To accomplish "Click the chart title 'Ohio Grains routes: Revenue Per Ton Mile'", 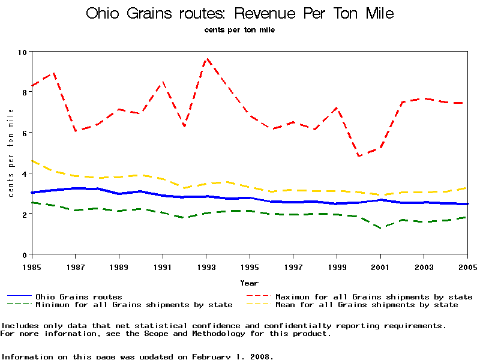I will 240,14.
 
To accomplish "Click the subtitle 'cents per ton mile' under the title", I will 240,30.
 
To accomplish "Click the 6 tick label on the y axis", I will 25,133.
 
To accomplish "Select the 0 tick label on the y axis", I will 25,255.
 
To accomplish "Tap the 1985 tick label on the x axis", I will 32,266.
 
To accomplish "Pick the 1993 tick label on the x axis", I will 206,266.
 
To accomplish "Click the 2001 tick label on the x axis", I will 380,266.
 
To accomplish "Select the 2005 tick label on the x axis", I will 467,266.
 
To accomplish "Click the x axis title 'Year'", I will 250,283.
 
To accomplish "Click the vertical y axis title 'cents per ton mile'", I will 11,153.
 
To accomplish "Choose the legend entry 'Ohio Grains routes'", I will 79,297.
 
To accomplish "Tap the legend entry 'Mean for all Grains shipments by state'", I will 367,305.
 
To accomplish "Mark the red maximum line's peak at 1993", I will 206,59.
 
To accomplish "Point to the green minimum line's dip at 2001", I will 380,228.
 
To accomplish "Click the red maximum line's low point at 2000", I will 359,156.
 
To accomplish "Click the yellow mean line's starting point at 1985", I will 32,161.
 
